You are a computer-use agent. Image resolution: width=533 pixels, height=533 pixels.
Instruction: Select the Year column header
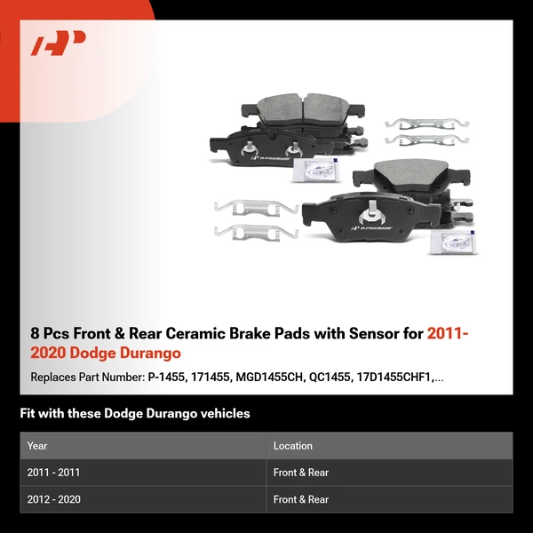(x=37, y=446)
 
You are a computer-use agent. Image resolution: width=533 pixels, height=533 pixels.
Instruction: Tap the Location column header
(x=292, y=446)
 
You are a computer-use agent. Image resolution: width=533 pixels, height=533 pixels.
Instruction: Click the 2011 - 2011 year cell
(x=53, y=473)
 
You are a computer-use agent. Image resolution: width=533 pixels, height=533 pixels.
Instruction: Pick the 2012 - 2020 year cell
(x=53, y=499)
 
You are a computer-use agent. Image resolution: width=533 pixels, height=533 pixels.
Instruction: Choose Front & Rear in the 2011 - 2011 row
(x=301, y=473)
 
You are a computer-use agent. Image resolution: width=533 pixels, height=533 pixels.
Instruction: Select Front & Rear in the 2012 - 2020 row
(x=301, y=499)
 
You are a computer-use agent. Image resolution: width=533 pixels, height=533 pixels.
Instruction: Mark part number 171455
(x=215, y=378)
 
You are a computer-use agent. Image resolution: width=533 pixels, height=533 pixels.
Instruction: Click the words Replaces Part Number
(x=86, y=378)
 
